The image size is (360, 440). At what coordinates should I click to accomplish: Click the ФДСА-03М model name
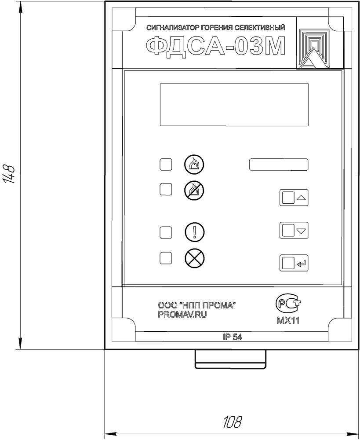point(216,47)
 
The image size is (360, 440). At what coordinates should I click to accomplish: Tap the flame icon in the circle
point(194,164)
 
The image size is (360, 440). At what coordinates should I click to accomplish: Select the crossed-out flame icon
point(194,191)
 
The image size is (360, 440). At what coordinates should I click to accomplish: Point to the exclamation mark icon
point(195,232)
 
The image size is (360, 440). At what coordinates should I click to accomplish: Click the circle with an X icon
point(195,258)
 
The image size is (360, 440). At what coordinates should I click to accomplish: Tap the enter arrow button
point(294,263)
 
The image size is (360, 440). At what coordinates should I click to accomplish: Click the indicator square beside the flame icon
point(166,165)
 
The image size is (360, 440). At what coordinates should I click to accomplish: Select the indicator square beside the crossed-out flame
point(166,189)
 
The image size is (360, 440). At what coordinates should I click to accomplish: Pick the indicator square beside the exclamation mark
point(166,233)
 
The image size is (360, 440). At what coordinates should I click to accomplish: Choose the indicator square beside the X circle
point(166,258)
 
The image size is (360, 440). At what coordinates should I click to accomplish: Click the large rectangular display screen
point(234,105)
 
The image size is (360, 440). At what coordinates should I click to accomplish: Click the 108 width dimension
point(233,422)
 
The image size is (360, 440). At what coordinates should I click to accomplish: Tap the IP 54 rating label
point(233,337)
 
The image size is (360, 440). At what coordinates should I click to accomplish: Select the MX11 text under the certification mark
point(288,320)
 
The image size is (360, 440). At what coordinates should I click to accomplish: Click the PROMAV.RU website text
point(182,315)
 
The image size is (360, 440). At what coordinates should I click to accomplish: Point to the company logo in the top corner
point(320,43)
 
